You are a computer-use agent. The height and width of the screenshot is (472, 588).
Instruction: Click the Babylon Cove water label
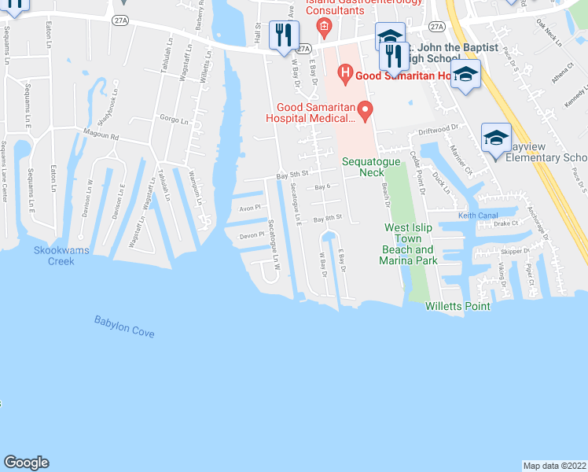coord(124,326)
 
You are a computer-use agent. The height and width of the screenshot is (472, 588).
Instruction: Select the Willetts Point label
coord(458,306)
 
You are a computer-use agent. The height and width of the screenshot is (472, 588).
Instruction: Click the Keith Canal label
coord(479,216)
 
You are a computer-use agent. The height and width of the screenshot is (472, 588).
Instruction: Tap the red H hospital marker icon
coord(344,76)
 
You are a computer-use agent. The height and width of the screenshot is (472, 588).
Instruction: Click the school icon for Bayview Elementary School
coord(496,138)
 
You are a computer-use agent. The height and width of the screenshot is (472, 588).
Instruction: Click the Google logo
coord(26,463)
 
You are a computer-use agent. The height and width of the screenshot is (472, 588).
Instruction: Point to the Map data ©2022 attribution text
coord(554,465)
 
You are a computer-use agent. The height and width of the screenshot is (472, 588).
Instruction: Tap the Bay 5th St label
coord(290,177)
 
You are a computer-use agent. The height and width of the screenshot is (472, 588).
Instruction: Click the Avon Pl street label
coord(249,209)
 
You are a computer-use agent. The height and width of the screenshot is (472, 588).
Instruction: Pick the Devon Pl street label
coord(250,235)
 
